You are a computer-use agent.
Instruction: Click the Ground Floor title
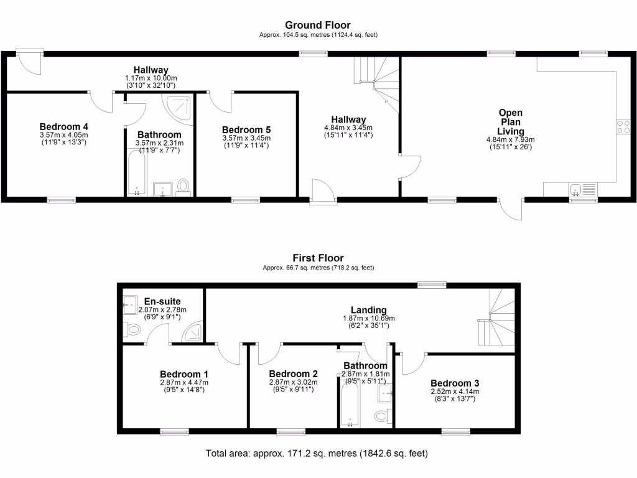[318, 26]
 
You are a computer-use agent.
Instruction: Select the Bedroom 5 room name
[246, 129]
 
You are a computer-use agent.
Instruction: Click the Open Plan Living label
[510, 122]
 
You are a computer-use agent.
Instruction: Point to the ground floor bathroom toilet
[183, 186]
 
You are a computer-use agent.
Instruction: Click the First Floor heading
[318, 258]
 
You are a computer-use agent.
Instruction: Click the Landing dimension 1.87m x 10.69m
[369, 319]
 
